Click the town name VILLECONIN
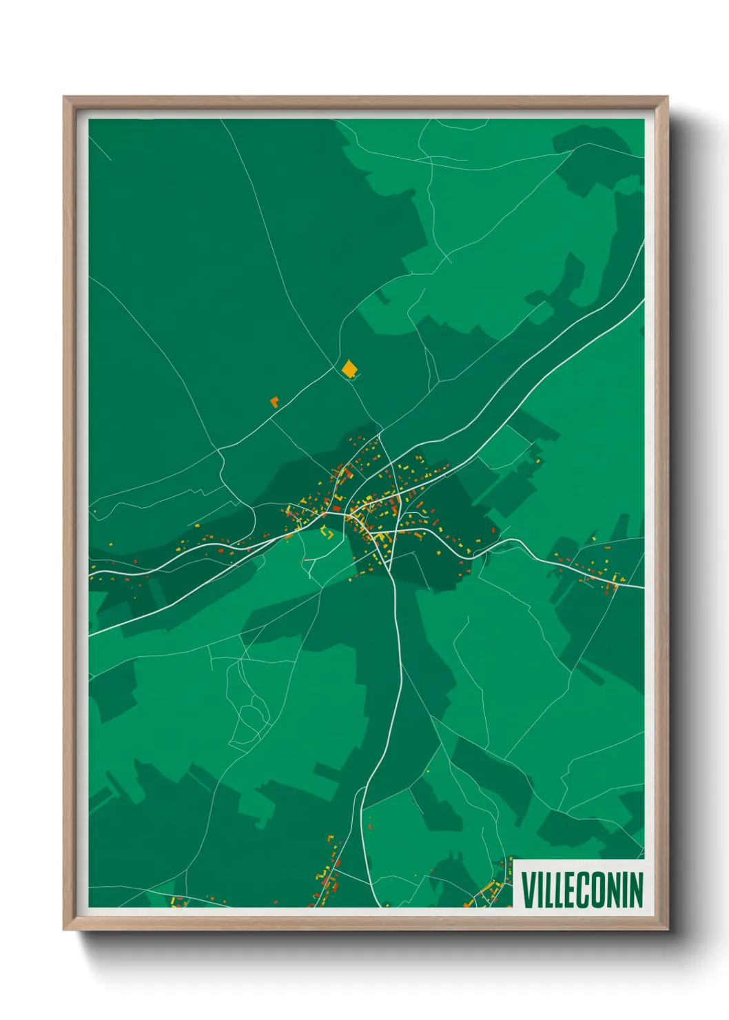tap(582, 889)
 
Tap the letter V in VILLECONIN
tap(528, 889)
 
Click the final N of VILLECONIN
tap(635, 889)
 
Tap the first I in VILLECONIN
tap(540, 889)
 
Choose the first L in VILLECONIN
tap(548, 889)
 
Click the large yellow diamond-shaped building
tap(349, 369)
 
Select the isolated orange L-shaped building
tap(275, 401)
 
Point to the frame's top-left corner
tap(64, 97)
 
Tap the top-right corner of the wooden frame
tap(668, 97)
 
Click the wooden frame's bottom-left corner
tap(64, 929)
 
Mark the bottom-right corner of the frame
tap(668, 929)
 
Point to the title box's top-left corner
tap(514, 859)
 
